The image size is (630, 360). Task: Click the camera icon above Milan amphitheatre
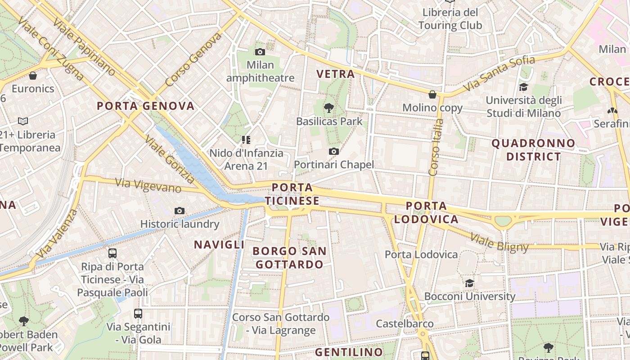260,52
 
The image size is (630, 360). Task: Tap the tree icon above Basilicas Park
329,108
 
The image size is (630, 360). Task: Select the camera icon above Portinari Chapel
333,152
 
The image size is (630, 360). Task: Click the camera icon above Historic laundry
180,211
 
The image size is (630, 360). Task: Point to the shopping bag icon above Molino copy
432,94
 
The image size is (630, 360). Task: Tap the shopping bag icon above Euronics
33,76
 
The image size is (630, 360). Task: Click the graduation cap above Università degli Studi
523,87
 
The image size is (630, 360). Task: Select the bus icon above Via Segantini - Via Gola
138,314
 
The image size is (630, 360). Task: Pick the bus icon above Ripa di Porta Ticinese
112,253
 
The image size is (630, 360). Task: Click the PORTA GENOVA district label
146,106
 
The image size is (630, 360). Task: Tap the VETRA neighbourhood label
335,74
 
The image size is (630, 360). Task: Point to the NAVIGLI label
219,245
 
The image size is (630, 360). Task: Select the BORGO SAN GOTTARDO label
289,257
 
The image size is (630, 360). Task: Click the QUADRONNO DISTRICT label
533,150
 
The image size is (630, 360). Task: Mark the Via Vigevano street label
148,185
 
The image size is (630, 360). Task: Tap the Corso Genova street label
193,59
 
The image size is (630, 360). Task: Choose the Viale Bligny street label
499,242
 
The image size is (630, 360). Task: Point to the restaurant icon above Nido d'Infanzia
246,140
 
